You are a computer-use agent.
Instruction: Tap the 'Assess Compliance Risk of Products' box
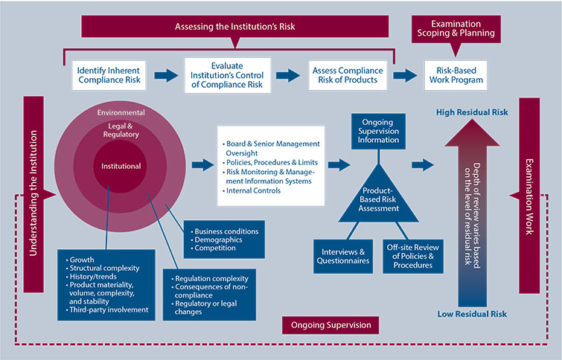pos(347,75)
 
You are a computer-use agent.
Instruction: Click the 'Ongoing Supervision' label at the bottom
pos(328,325)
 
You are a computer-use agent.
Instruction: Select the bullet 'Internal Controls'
pos(252,191)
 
